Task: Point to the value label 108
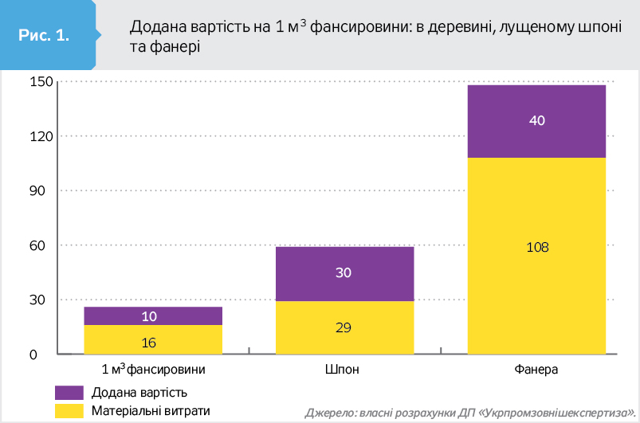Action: (538, 247)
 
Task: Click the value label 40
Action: (536, 121)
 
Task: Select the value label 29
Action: (344, 327)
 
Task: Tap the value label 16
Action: (148, 343)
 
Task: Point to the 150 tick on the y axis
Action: (41, 82)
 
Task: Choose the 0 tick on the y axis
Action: (34, 354)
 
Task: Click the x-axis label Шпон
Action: (342, 370)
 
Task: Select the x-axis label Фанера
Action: (536, 370)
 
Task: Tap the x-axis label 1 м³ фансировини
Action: (154, 370)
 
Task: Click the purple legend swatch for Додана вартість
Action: (69, 393)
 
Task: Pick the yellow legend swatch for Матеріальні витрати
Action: (69, 411)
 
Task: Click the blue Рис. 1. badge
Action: (45, 36)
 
